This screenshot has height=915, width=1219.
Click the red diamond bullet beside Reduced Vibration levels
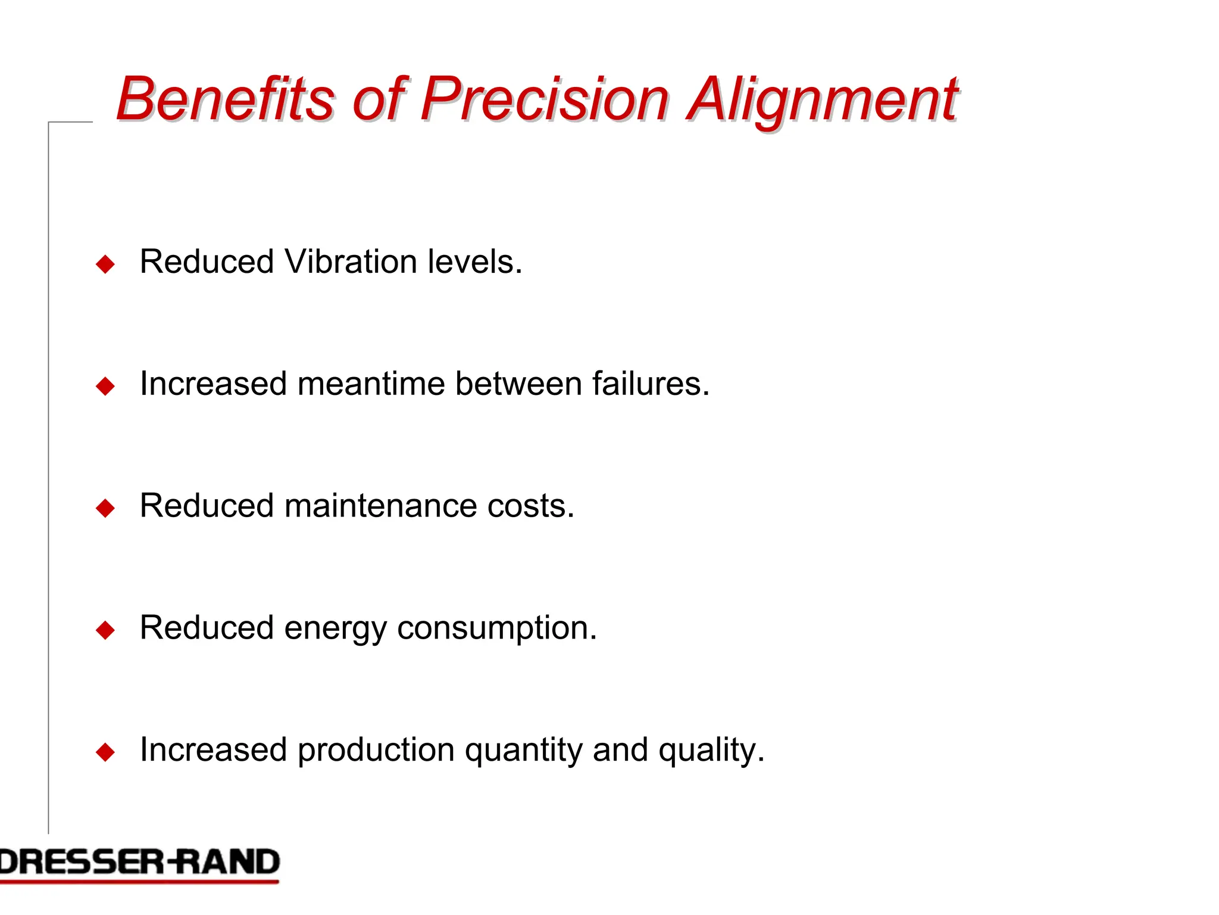tap(105, 264)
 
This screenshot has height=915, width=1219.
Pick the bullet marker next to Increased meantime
tap(105, 386)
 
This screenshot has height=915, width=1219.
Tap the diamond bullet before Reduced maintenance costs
tap(105, 508)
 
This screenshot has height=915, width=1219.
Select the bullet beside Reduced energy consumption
tap(105, 630)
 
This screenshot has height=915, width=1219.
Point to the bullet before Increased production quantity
tap(105, 752)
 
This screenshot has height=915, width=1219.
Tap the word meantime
tap(371, 384)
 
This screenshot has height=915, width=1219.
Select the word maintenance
tap(380, 506)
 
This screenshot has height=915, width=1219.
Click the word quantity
tap(523, 751)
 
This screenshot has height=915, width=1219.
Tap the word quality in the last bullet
tap(711, 751)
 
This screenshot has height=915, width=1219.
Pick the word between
tap(518, 384)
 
